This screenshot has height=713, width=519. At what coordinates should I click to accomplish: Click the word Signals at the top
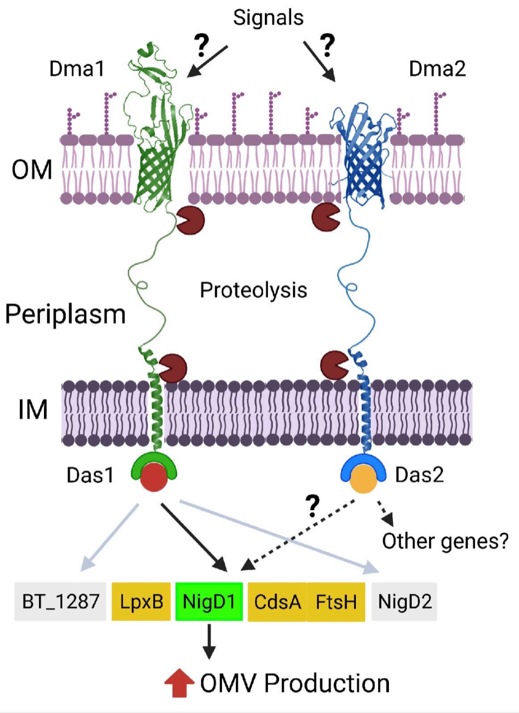268,18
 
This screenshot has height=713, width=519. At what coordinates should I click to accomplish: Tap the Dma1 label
77,69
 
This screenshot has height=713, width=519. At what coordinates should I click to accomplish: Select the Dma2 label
437,69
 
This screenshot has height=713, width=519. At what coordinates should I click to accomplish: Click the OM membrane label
32,170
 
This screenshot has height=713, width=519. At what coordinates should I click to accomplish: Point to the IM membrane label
33,410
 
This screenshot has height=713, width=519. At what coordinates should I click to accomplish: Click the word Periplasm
65,315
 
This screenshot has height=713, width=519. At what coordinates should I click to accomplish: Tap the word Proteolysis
253,290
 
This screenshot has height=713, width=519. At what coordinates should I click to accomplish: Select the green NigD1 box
209,602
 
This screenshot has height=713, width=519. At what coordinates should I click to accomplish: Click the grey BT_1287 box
60,602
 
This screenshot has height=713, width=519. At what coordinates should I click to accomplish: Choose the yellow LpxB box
141,602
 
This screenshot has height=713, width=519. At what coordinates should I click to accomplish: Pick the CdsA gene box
277,602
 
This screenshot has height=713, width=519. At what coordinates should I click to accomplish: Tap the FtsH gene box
336,602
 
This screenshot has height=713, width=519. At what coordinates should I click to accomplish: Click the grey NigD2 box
404,602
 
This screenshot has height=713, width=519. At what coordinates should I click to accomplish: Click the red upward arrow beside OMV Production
179,683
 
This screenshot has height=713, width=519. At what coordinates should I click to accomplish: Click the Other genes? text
445,542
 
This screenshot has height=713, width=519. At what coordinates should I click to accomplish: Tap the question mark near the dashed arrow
312,506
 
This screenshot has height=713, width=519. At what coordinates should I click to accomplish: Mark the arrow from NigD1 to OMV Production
209,641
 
